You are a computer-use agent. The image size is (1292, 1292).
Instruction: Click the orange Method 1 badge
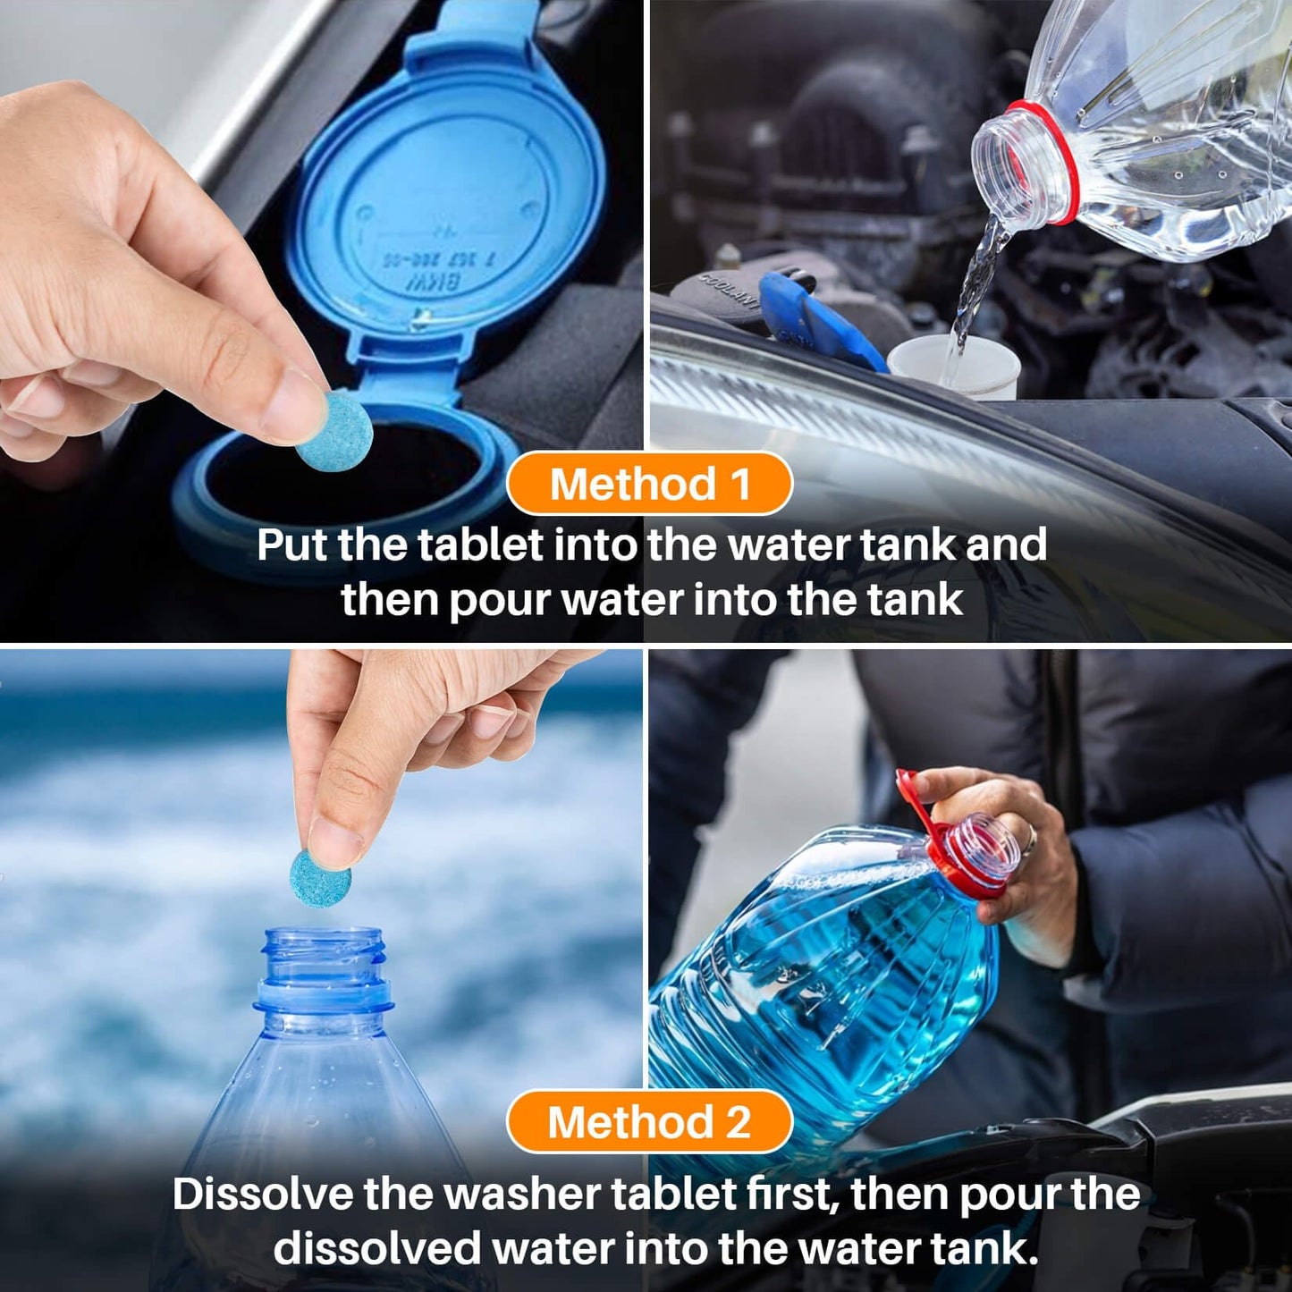coord(649,484)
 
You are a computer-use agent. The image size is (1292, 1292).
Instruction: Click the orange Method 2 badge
coord(649,1122)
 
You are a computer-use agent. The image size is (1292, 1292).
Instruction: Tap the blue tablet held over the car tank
coord(334,431)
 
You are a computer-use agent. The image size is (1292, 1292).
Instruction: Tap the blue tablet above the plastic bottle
coord(320,878)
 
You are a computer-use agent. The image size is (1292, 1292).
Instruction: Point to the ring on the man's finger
coord(1030,839)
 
